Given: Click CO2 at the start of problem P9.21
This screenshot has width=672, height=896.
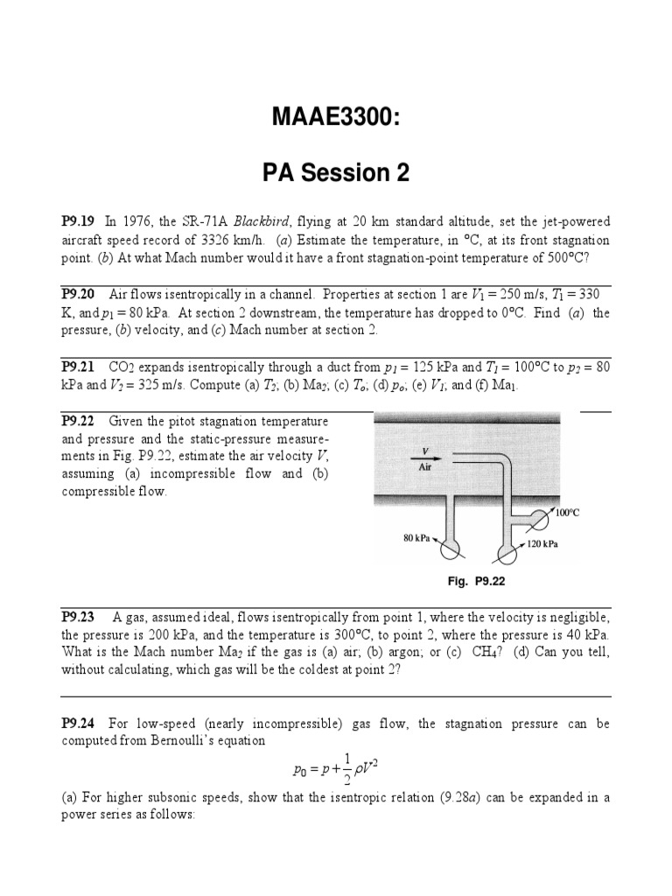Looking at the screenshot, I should pos(120,367).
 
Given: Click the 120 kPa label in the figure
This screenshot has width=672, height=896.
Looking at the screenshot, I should pos(542,543).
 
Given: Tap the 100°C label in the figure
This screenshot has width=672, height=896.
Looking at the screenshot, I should pos(567,514).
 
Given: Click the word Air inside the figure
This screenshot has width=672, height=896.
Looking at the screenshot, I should pos(425,467).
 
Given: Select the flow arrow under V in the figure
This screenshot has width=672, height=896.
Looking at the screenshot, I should pos(426,457).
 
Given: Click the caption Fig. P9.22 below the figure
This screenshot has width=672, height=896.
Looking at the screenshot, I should pos(477,580).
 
